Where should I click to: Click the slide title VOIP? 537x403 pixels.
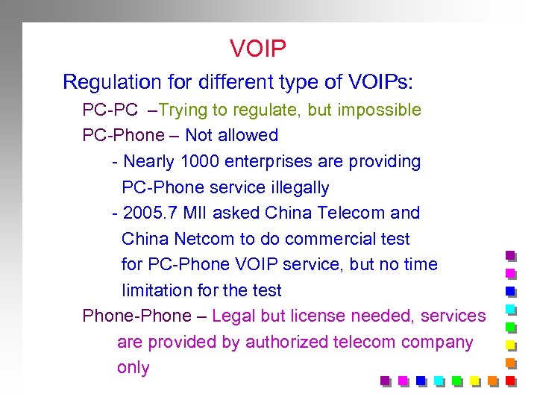pos(258,49)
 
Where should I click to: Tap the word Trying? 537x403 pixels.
pos(183,110)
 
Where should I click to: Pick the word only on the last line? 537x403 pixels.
pos(134,367)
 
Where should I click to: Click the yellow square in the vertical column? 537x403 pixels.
pos(511,345)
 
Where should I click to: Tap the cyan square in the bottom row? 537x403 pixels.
pos(439,381)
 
